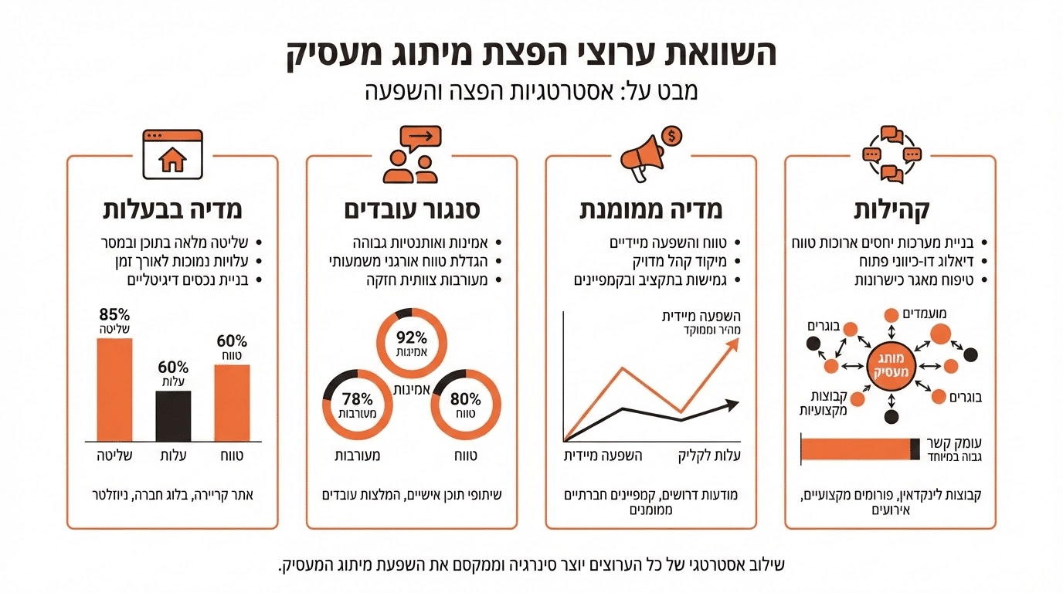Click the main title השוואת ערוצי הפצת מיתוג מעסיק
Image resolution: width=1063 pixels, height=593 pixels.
click(531, 53)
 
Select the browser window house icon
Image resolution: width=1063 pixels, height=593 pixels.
click(172, 154)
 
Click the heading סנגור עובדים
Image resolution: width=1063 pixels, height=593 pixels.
click(411, 211)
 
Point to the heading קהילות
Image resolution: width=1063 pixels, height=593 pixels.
click(891, 211)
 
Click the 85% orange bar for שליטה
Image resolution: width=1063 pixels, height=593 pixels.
click(115, 388)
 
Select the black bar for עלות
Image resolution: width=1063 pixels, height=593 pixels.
click(173, 415)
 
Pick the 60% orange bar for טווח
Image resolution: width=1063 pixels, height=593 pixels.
click(232, 402)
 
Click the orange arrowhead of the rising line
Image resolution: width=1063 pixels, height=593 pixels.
click(732, 343)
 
